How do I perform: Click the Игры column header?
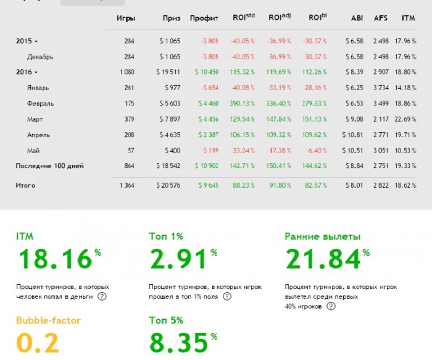tap(126, 19)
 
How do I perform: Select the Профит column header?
tap(204, 19)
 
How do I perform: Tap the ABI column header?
tap(357, 18)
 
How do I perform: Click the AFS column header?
tap(381, 18)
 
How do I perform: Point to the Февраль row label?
tap(40, 104)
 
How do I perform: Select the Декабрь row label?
tap(40, 57)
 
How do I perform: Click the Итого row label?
tap(25, 185)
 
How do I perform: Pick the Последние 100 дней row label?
tap(49, 166)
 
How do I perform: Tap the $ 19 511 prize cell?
tap(168, 72)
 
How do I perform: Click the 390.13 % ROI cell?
tap(242, 103)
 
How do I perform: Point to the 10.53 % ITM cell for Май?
tap(405, 151)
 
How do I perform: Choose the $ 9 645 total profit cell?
tap(209, 185)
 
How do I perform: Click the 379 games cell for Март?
tap(129, 119)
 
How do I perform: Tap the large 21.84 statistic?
tap(323, 259)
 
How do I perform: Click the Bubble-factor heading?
tap(48, 320)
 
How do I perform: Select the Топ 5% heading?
tap(166, 320)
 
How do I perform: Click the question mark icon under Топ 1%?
tap(227, 296)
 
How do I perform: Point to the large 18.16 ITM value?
tap(55, 259)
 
